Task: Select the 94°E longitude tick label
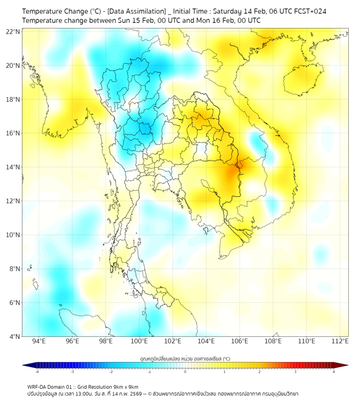coord(39,341)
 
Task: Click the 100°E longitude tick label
coord(139,341)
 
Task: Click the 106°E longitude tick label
coord(240,341)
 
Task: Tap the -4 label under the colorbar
coord(37,371)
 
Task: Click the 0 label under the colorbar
coord(185,371)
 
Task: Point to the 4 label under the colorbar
coord(334,371)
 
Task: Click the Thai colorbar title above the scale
coord(185,358)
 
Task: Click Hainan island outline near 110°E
coord(301,80)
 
